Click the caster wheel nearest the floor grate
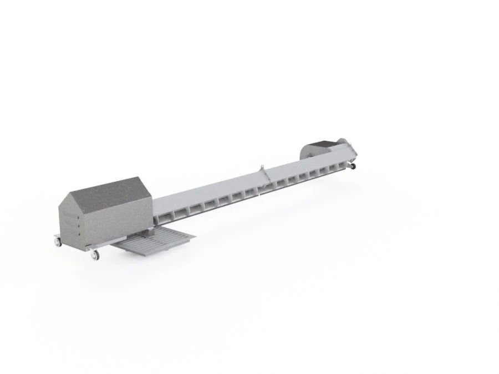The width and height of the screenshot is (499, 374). (x=95, y=254)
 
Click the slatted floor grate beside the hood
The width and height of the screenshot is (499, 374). (x=158, y=243)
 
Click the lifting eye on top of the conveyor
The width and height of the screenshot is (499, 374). (x=261, y=167)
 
